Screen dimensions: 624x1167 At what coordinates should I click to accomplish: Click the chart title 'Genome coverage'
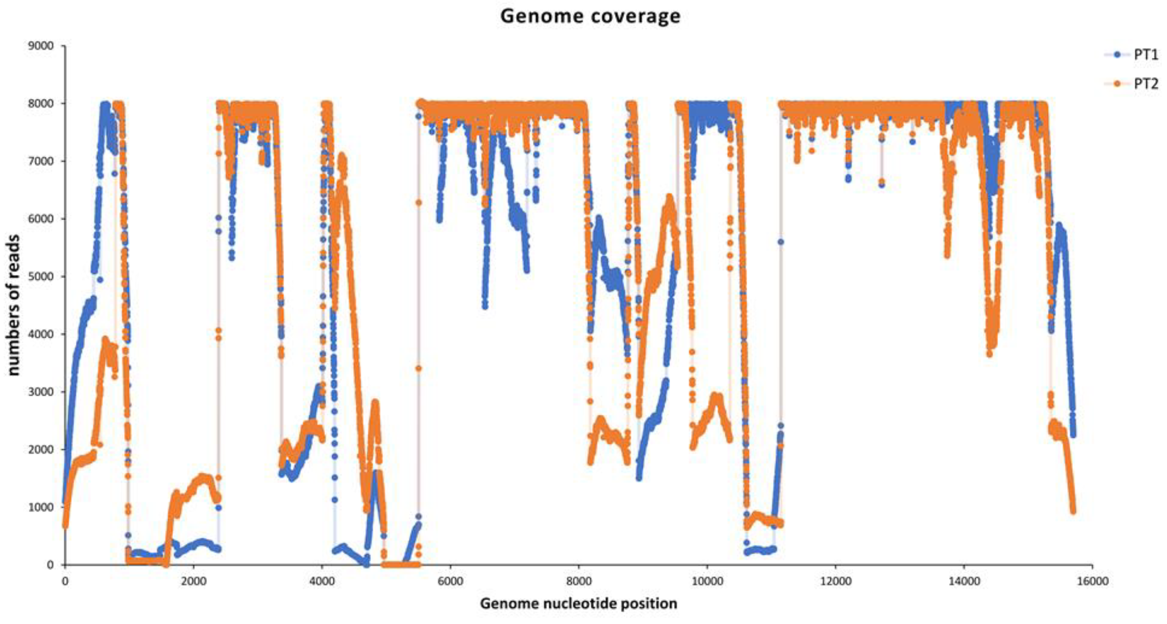coord(590,16)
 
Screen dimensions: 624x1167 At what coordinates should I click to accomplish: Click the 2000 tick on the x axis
coord(194,581)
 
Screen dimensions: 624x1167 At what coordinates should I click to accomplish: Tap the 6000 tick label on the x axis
coord(450,581)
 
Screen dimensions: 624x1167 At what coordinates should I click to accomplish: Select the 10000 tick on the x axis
coord(707,581)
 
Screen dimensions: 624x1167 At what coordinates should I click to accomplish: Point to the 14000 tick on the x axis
coord(964,581)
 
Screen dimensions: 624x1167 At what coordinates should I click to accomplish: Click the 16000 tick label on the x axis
coord(1092,581)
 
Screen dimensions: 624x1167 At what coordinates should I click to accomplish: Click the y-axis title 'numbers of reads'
coord(13,305)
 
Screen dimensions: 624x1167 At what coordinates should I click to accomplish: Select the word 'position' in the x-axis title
coord(652,604)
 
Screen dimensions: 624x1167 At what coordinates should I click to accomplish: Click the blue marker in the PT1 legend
coord(1117,54)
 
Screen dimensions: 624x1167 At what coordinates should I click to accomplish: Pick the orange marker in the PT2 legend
coord(1117,84)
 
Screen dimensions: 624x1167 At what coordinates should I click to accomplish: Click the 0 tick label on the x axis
coord(65,581)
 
